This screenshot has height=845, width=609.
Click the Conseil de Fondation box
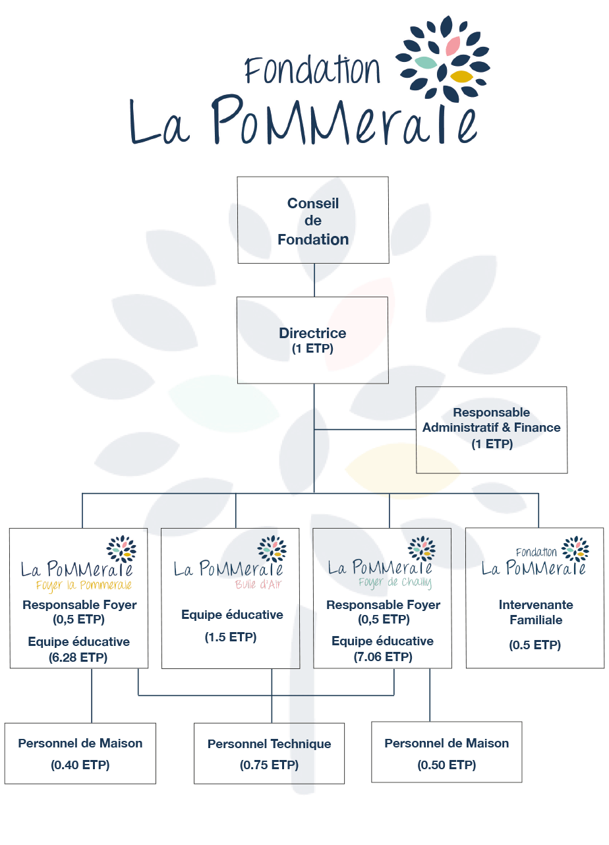(x=313, y=220)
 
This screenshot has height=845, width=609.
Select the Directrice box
(x=312, y=339)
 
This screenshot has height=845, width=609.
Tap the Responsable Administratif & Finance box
(x=492, y=429)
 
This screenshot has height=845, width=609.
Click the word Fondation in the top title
(x=312, y=70)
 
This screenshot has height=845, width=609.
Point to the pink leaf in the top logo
(x=453, y=45)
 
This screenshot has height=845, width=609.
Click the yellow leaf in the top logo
(x=461, y=76)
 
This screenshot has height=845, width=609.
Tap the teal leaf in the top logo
(x=425, y=63)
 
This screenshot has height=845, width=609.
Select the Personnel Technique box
(x=269, y=753)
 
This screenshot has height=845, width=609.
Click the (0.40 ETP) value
(x=80, y=765)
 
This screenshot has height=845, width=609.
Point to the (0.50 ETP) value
(x=447, y=765)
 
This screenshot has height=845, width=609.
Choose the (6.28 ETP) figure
(x=78, y=657)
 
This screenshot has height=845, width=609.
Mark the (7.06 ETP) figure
(x=382, y=657)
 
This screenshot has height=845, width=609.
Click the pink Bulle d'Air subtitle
(x=260, y=584)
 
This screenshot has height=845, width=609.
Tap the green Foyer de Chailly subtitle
(x=395, y=583)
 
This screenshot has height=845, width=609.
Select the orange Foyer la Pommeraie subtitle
(x=84, y=585)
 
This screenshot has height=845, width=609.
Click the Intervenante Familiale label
(x=535, y=612)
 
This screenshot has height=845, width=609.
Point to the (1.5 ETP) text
(x=231, y=637)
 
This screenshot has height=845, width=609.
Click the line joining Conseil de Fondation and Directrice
(x=314, y=280)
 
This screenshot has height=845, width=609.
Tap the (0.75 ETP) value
(x=269, y=765)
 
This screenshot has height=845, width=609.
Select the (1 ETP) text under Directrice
(x=312, y=349)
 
